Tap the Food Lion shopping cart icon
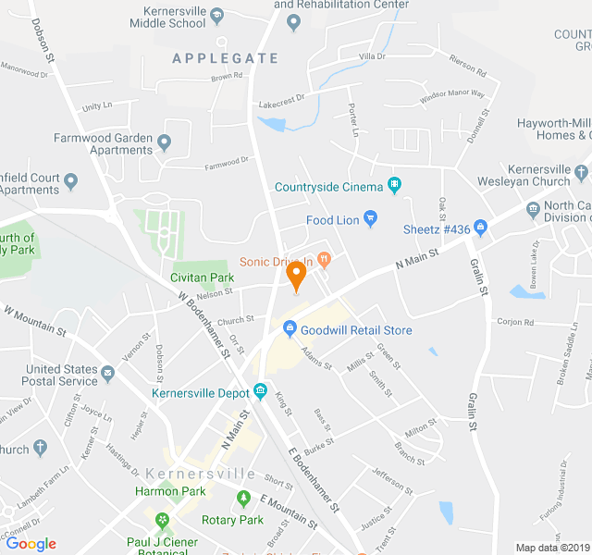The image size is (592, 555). tap(371, 220)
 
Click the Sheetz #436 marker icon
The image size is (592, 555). tap(480, 228)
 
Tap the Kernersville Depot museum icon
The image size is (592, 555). tap(261, 390)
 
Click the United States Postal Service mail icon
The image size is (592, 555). tap(108, 374)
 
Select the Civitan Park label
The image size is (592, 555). tap(202, 277)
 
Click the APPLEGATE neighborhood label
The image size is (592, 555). tap(225, 58)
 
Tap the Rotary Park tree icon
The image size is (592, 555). tap(244, 499)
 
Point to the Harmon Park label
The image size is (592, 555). tap(169, 491)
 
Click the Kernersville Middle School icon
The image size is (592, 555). tap(216, 16)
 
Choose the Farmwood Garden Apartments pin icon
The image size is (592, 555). tap(165, 142)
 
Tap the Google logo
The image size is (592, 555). tap(31, 544)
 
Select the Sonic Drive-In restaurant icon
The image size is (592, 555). tap(324, 258)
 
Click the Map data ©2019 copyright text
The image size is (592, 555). tap(552, 548)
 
